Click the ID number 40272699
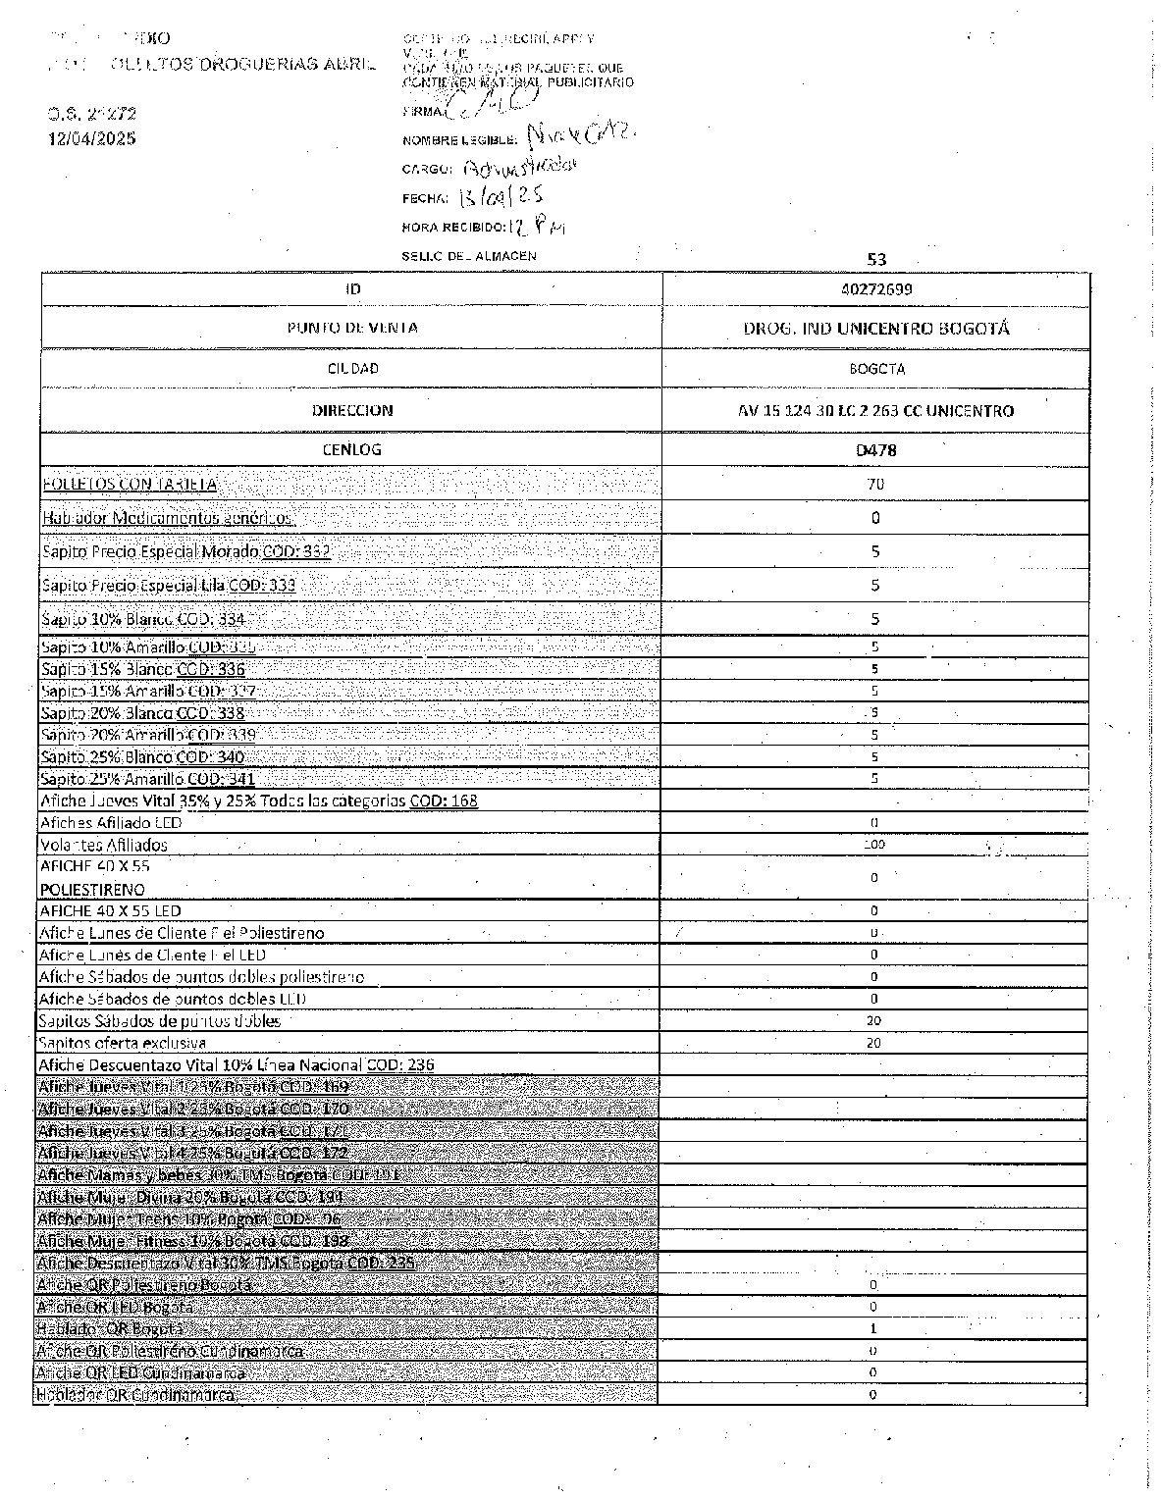point(875,289)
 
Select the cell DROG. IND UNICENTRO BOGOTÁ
point(875,329)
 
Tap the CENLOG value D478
point(875,450)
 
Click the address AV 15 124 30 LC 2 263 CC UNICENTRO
point(875,411)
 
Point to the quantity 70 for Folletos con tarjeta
point(875,484)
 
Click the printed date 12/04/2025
point(92,138)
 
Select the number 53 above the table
point(876,259)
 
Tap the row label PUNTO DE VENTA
point(352,328)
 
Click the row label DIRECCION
point(352,411)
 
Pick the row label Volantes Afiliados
point(103,845)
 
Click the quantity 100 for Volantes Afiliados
point(874,845)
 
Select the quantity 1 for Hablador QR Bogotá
point(873,1329)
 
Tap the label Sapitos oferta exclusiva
point(122,1043)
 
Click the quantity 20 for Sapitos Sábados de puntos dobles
point(873,1020)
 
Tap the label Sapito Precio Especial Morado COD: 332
point(185,551)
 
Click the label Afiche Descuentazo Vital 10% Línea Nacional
point(236,1064)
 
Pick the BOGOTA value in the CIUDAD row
point(875,370)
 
